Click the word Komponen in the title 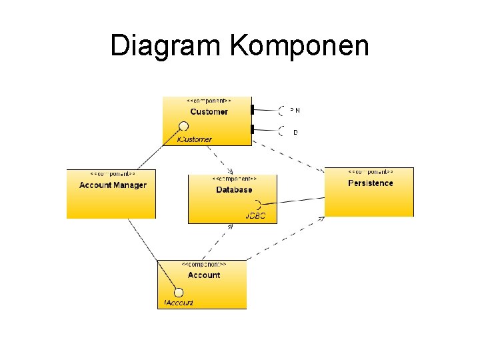(x=299, y=46)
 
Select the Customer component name (x=209, y=112)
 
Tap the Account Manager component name (x=113, y=185)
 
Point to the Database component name (x=234, y=190)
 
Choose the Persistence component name (x=371, y=183)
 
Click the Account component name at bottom (x=204, y=275)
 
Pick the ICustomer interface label (x=195, y=139)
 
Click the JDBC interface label (x=255, y=216)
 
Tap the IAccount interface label (x=179, y=303)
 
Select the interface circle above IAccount (x=178, y=291)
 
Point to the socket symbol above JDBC (x=257, y=204)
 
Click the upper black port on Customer (x=252, y=109)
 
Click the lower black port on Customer (x=252, y=129)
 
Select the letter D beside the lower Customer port (x=295, y=133)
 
